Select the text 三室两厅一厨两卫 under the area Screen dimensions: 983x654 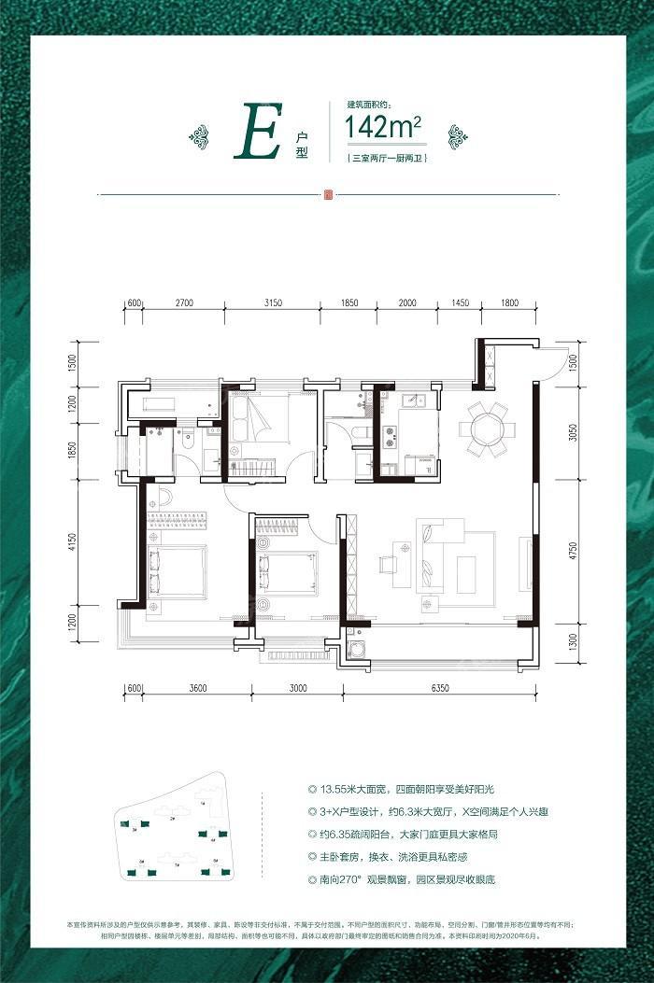[385, 159]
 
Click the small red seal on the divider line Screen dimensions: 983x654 [327, 195]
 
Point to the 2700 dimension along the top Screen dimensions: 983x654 [184, 303]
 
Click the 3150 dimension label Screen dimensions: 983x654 [274, 303]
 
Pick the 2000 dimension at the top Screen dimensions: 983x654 [406, 303]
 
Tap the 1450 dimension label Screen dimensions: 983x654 [460, 303]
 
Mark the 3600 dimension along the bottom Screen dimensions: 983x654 [197, 689]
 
